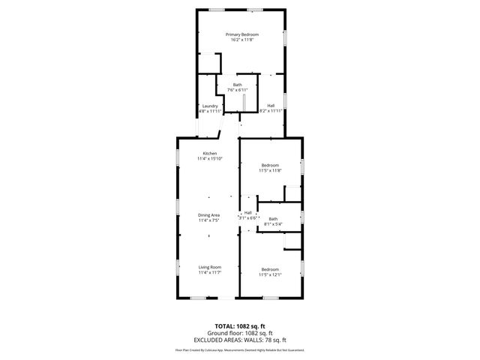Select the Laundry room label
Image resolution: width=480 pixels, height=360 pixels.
210,106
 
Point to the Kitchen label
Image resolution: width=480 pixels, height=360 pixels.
209,153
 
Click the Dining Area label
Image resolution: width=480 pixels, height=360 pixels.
209,214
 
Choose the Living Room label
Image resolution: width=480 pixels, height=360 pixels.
209,267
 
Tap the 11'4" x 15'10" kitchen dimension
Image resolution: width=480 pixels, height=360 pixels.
209,159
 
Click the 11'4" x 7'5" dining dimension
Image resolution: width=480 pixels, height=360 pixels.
209,220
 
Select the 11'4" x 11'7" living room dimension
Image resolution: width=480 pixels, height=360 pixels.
209,273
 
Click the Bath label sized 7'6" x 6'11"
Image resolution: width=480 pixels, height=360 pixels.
237,85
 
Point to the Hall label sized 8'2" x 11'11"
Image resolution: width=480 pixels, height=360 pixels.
271,106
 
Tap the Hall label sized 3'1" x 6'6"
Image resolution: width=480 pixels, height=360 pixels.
247,212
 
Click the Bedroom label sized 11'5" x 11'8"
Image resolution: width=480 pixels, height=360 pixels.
270,165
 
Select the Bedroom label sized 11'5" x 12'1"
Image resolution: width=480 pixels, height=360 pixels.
270,269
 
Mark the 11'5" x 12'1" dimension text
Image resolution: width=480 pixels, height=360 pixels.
270,275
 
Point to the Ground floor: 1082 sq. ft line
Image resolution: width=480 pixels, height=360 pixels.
240,333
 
